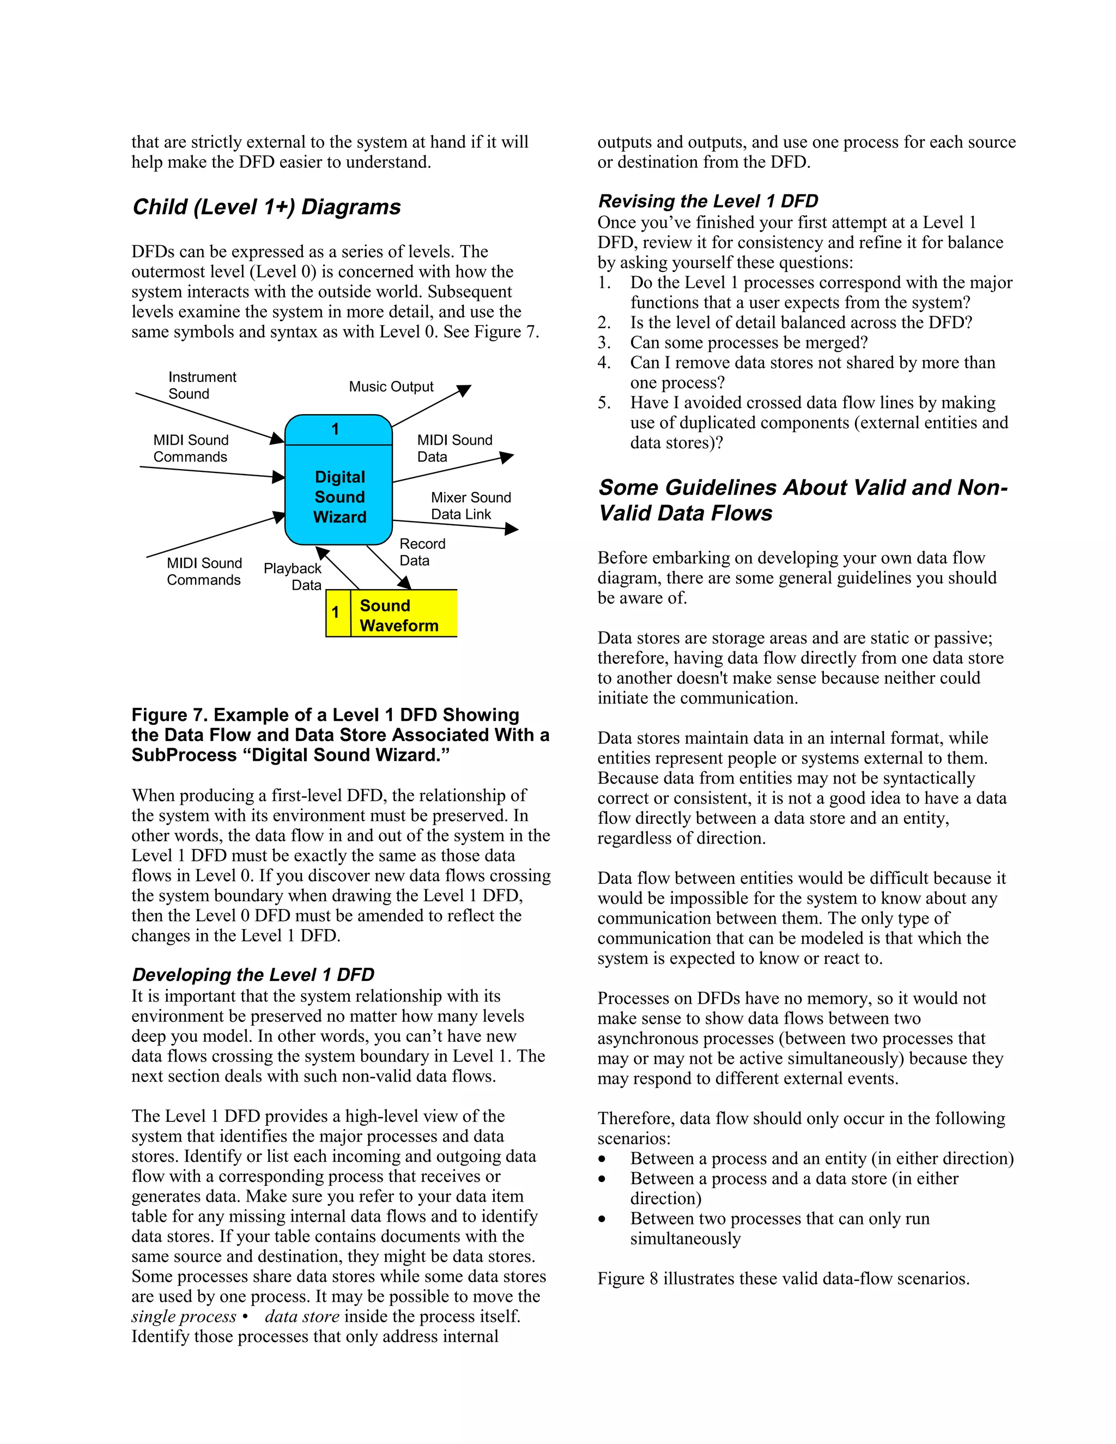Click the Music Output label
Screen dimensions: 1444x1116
point(391,387)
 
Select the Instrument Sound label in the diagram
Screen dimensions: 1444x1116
point(202,385)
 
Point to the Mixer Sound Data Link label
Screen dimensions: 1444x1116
point(470,506)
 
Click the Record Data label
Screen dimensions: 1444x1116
point(422,552)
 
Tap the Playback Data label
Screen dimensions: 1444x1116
point(293,577)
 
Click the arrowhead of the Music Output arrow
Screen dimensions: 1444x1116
point(465,390)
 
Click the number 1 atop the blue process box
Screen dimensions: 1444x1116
point(335,430)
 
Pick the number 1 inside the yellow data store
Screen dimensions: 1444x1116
point(336,613)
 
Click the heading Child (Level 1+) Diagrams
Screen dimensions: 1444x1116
point(266,207)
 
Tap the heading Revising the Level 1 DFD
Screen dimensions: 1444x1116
point(707,201)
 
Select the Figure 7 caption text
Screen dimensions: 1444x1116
point(340,735)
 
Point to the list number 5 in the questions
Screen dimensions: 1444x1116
point(604,403)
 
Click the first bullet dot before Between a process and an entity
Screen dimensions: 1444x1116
point(602,1160)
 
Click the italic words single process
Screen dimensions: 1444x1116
point(184,1316)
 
